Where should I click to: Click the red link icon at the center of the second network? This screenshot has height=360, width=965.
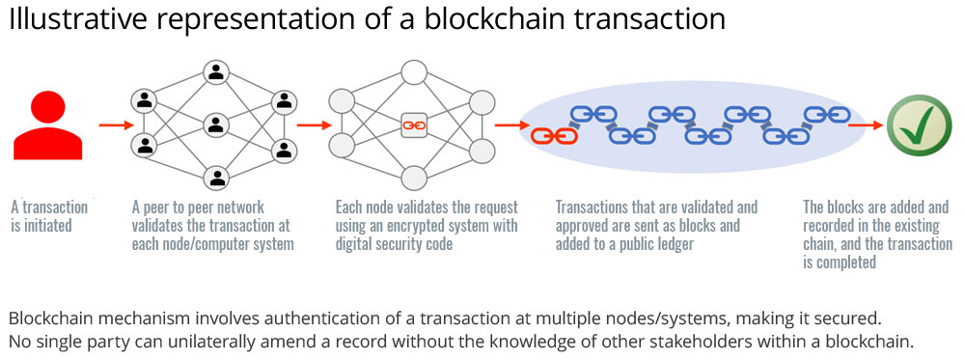pos(413,125)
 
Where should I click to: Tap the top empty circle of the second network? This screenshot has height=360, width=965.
pos(414,72)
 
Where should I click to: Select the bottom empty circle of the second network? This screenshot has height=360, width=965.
pos(414,178)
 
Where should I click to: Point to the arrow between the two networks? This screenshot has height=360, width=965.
pos(312,125)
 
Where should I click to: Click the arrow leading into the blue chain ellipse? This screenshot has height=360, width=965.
pos(509,125)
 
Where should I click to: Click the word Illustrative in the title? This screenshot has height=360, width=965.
pos(68,20)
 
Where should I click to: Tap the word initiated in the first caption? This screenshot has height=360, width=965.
pos(42,226)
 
